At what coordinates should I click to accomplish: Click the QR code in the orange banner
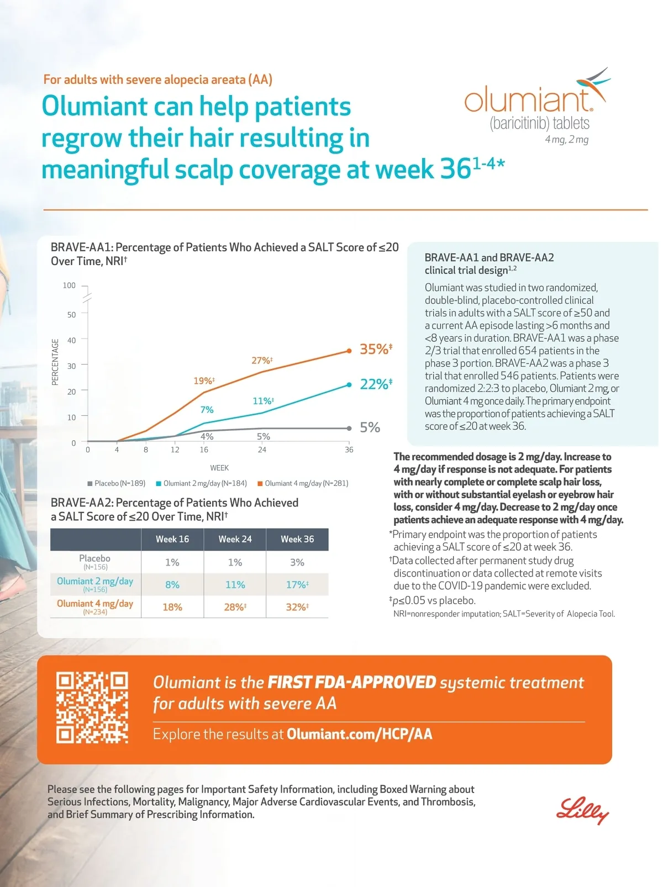[92, 708]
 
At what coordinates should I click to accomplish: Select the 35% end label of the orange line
[376, 349]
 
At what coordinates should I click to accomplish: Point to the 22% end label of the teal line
[376, 384]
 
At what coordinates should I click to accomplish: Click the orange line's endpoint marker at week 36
[349, 351]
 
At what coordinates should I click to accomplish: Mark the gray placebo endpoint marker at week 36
[349, 428]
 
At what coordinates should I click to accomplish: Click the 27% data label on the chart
[262, 361]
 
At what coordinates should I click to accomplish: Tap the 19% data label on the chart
[204, 381]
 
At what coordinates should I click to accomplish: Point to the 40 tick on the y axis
[72, 340]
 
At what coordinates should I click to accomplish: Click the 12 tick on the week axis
[175, 450]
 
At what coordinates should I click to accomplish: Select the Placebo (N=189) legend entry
[117, 483]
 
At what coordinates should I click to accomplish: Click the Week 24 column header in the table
[235, 539]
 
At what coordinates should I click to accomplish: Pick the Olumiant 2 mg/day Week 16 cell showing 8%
[172, 584]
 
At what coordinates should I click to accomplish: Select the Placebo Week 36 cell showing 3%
[297, 562]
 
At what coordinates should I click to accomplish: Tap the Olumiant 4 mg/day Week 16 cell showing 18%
[172, 607]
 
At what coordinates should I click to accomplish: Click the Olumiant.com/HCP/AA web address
[359, 734]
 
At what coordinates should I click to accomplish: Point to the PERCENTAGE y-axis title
[55, 362]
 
